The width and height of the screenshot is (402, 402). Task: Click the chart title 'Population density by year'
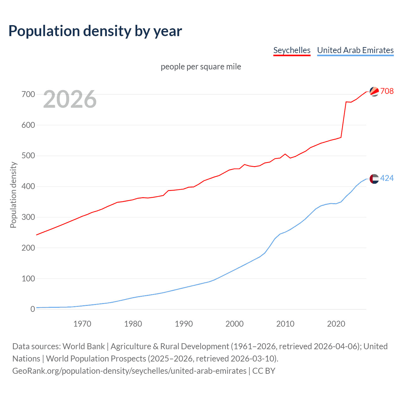tap(95, 31)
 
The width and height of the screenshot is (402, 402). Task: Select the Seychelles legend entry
tap(292, 50)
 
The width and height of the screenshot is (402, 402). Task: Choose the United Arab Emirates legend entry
tap(355, 50)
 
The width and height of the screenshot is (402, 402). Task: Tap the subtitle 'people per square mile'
tap(201, 67)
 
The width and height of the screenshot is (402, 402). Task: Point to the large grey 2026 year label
tap(70, 99)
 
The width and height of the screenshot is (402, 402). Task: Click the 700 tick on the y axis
tap(28, 94)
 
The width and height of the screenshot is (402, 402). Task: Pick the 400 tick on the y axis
tap(28, 187)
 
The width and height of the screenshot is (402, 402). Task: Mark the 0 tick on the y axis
tap(33, 309)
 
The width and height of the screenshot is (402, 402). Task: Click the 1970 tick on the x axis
tap(82, 324)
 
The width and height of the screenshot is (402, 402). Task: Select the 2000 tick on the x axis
tap(234, 324)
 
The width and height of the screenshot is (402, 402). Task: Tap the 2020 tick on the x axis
tap(336, 324)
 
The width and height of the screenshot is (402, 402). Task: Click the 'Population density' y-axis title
tap(13, 195)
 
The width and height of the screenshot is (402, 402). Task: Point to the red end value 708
tap(387, 91)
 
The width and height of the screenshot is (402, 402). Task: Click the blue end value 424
tap(387, 178)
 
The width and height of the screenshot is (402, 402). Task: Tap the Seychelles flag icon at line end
tap(374, 91)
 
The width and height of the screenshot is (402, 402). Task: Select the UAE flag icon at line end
tap(374, 179)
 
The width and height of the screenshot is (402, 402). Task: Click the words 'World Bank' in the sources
tap(84, 346)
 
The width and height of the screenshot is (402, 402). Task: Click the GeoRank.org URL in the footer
tap(129, 371)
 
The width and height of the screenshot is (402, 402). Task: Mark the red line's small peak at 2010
tap(285, 154)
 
